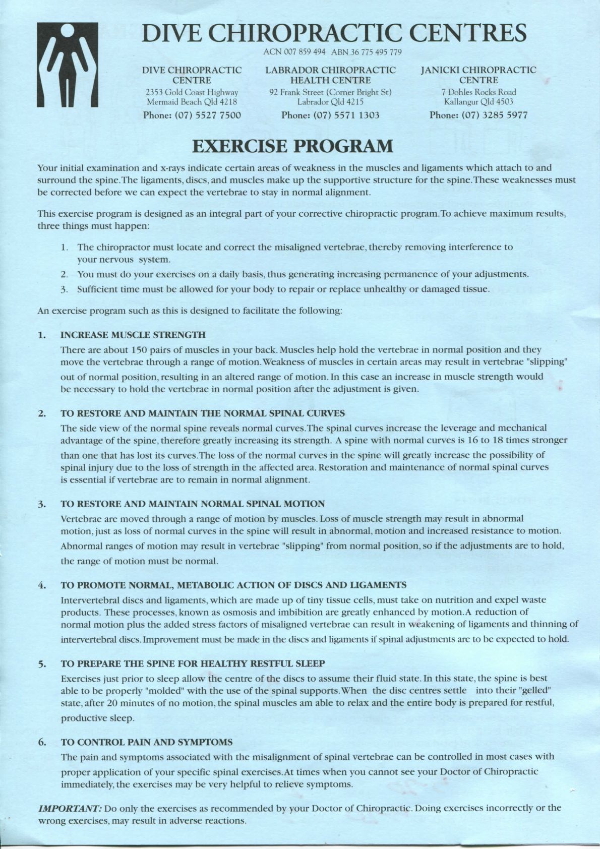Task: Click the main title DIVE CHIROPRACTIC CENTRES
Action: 334,33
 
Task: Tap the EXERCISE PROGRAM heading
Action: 292,146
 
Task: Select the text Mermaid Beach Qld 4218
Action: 192,102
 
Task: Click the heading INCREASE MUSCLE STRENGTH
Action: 133,335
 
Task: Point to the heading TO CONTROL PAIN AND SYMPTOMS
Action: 147,742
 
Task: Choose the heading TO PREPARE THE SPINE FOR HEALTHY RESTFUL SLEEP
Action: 193,663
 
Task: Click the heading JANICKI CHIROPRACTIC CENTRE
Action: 478,75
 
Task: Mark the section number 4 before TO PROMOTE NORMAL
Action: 40,585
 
